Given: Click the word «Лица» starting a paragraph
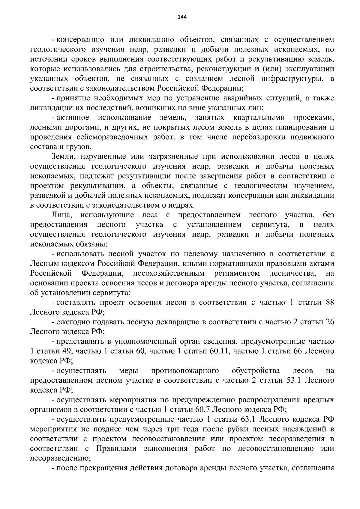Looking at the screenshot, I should point(61,215).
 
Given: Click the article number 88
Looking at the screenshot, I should point(330,303).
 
